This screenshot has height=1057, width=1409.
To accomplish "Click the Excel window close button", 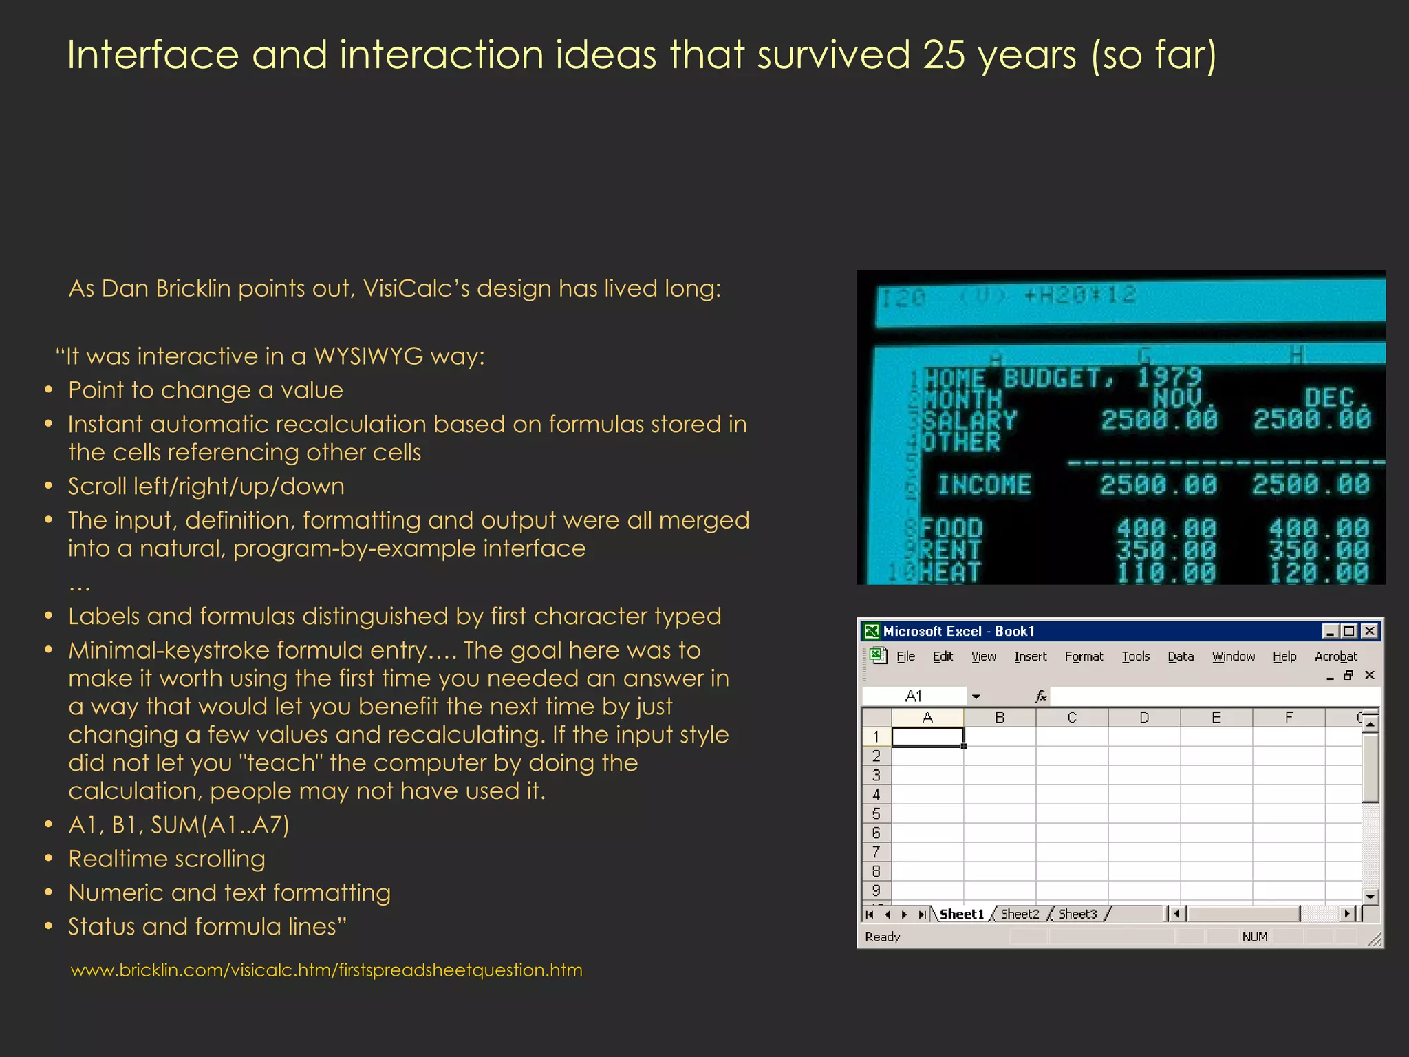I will pos(1369,630).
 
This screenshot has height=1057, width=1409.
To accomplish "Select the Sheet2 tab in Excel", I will pos(1020,914).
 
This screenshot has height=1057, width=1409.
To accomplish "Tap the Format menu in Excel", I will pos(1084,656).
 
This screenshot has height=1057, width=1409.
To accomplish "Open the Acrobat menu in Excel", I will pos(1335,656).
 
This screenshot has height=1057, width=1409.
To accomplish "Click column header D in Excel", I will pos(1143,718).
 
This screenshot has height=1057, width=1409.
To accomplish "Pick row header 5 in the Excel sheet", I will pos(876,813).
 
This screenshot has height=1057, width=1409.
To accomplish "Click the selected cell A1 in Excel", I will pos(927,737).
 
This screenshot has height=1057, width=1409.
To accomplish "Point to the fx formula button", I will pos(1041,696).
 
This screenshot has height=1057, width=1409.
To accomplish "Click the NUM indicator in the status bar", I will pos(1254,937).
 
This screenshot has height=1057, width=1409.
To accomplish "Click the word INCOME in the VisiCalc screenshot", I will pos(985,485).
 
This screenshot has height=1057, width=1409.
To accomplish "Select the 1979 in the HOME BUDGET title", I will pos(1169,377).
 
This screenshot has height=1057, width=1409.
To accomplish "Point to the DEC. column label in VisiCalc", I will pos(1335,398).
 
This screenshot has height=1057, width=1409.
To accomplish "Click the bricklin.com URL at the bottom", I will pos(326,970).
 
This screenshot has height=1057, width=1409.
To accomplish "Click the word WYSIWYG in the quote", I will pos(368,356).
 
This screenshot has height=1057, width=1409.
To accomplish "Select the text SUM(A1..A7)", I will pos(220,824).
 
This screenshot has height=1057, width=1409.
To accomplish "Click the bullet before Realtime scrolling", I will pos(48,859).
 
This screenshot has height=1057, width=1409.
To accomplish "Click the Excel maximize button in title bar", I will pos(1349,630).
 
